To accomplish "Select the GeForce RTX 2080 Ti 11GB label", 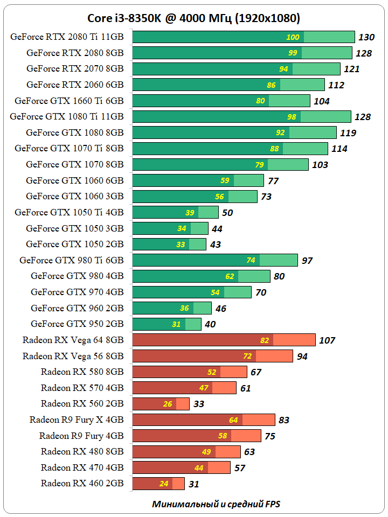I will (67, 37).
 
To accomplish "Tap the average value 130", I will (366, 37).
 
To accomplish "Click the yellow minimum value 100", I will (293, 37).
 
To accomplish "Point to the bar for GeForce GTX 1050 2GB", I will (169, 244).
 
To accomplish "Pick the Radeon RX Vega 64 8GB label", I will (73, 340).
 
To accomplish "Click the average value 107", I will (327, 340).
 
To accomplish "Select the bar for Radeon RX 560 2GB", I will (161, 404).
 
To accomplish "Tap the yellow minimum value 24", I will (164, 484).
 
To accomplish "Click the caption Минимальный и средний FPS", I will (216, 504).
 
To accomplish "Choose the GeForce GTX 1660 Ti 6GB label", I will (70, 101).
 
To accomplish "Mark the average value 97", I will (307, 261).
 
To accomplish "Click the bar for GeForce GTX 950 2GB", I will (167, 324).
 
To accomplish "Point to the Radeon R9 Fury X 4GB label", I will (77, 420).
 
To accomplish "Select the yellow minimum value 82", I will (264, 340).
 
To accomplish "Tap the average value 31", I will (193, 484).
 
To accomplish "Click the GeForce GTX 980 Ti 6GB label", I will (72, 260).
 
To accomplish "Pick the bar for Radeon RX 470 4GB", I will (181, 467).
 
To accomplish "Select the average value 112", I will (336, 85).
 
